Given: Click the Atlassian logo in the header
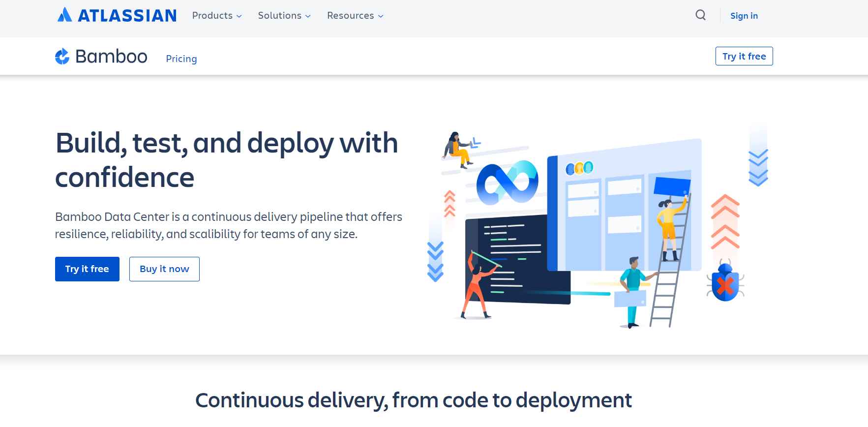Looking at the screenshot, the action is [117, 15].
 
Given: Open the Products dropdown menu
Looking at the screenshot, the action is [217, 16].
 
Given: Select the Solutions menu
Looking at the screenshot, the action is [284, 16].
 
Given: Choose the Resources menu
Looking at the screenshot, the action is [355, 16].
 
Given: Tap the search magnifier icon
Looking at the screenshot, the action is [701, 15].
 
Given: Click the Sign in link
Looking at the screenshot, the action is [744, 16].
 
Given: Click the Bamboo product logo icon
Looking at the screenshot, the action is [62, 57].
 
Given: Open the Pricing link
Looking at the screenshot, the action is [181, 59].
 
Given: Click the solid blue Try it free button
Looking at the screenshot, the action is [87, 269].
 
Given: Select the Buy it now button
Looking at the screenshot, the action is [164, 269].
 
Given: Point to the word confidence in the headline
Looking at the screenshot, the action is [125, 178].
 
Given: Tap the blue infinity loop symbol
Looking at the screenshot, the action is [508, 182].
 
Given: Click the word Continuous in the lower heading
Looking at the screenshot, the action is [249, 400].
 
